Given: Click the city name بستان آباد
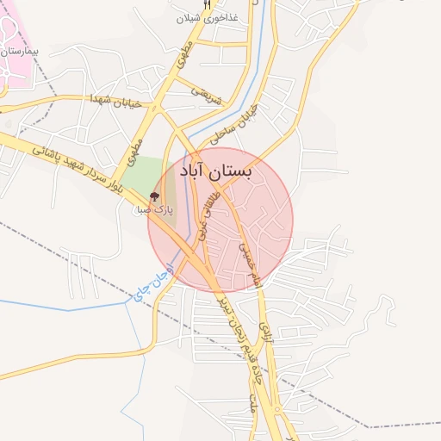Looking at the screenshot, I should click(x=217, y=172).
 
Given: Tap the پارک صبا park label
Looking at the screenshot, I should click(x=157, y=209).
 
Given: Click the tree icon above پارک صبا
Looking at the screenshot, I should click(x=155, y=197).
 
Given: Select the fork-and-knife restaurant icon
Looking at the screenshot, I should click(x=207, y=4).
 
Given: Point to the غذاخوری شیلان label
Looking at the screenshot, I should click(x=207, y=18).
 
